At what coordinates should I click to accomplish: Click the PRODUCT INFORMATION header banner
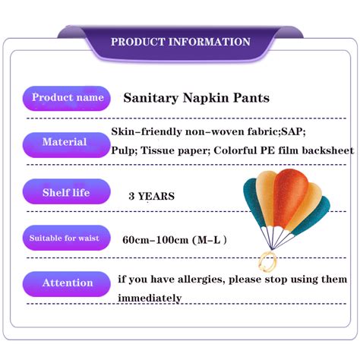[x=180, y=42]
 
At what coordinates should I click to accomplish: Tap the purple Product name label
[x=68, y=98]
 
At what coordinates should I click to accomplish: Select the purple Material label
[x=65, y=142]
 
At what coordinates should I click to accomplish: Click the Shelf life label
[x=65, y=193]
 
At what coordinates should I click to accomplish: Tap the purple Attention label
[x=67, y=283]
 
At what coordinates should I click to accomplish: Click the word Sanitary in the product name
[x=150, y=99]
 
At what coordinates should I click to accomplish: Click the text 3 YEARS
[x=152, y=197]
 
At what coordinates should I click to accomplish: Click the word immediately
[x=150, y=298]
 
